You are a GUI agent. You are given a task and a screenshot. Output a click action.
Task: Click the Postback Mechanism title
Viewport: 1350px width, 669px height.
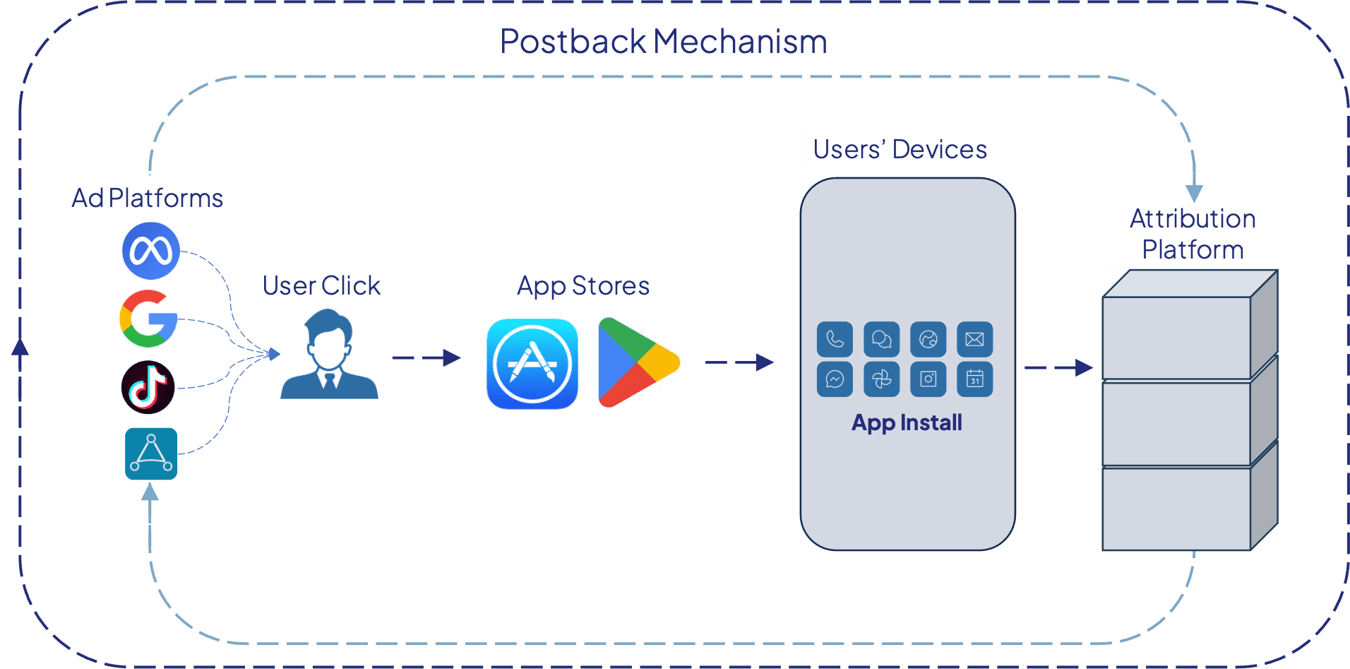click(x=663, y=42)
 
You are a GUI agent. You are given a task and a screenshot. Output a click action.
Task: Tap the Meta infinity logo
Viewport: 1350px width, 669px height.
click(x=150, y=251)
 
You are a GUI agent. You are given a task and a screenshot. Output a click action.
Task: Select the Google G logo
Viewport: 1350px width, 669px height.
click(x=148, y=319)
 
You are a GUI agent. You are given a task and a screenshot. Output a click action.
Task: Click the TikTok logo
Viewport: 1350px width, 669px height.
click(x=148, y=387)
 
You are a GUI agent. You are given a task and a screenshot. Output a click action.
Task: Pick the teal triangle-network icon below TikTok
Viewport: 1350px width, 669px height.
click(x=150, y=454)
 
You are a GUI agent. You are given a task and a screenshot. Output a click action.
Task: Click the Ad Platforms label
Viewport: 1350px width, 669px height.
click(x=148, y=198)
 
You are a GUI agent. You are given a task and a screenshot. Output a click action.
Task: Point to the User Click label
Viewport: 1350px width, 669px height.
click(x=322, y=285)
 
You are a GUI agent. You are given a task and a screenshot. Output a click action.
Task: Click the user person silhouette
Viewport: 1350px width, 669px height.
click(x=329, y=357)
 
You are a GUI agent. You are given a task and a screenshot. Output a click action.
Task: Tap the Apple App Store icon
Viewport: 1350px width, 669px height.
click(x=532, y=364)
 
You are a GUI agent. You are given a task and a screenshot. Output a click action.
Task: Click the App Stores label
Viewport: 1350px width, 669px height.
click(x=584, y=285)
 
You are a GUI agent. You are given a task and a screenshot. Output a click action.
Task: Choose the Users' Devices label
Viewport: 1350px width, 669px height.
click(x=900, y=149)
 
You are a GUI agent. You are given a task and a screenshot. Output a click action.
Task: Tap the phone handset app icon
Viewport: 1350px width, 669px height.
click(x=835, y=339)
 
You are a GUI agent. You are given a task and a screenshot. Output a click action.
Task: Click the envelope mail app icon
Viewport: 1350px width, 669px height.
click(x=974, y=339)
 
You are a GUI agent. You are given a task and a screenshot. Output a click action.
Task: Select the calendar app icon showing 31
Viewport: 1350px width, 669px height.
click(x=974, y=379)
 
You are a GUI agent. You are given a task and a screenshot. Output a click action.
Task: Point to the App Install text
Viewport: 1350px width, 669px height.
click(x=907, y=422)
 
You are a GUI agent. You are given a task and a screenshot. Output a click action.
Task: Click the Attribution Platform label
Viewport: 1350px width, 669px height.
click(x=1193, y=234)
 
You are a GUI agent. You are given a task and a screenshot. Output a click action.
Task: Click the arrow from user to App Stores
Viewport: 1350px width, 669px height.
click(x=426, y=358)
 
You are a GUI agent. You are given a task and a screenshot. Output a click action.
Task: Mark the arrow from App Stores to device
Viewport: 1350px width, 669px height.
click(x=739, y=362)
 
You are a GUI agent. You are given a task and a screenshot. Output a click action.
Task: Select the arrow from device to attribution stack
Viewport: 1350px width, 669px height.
click(x=1058, y=367)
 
